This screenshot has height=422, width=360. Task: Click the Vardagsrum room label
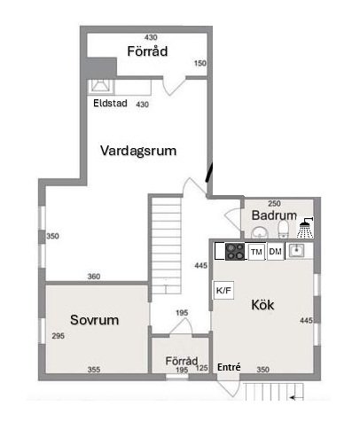(x=138, y=151)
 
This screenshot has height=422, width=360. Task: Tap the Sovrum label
(x=95, y=320)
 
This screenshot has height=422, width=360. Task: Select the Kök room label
(x=262, y=305)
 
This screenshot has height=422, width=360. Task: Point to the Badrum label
(x=274, y=215)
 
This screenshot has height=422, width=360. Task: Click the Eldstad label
(x=110, y=103)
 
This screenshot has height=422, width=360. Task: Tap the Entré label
(x=229, y=367)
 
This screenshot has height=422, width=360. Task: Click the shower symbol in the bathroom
(x=306, y=228)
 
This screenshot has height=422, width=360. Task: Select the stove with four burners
(x=235, y=252)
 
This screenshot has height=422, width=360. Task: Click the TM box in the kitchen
(x=256, y=252)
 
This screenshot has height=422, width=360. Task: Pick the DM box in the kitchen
(x=276, y=252)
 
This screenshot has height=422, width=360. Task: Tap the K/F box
(x=223, y=290)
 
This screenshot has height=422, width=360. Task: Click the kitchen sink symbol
(x=296, y=251)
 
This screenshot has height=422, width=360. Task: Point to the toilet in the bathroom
(x=284, y=230)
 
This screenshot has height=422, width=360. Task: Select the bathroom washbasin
(x=260, y=232)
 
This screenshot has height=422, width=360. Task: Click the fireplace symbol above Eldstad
(x=101, y=86)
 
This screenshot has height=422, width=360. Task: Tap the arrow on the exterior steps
(x=296, y=398)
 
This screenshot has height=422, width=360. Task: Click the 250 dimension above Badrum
(x=274, y=203)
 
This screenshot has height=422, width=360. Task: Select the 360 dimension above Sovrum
(x=94, y=277)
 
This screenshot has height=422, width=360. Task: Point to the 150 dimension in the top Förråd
(x=200, y=63)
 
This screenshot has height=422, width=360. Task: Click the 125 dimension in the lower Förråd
(x=202, y=368)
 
